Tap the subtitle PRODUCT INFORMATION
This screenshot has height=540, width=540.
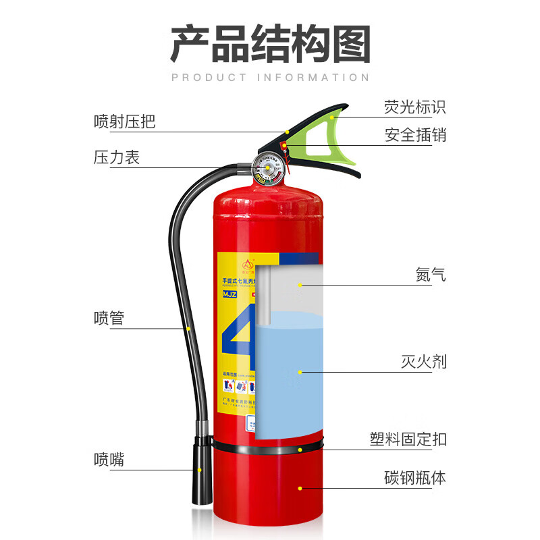[270, 78]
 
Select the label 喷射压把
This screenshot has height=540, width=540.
[124, 122]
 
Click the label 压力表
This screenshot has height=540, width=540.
[116, 158]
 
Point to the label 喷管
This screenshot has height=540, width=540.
[109, 318]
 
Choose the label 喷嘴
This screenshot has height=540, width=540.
[109, 460]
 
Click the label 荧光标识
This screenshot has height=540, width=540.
[415, 107]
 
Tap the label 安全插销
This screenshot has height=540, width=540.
[415, 135]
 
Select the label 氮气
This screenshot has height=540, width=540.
[431, 275]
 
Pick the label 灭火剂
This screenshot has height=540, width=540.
[423, 362]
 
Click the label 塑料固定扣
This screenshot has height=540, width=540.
[408, 439]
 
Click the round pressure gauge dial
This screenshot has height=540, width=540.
[269, 169]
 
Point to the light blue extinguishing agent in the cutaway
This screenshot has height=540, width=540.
[290, 378]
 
